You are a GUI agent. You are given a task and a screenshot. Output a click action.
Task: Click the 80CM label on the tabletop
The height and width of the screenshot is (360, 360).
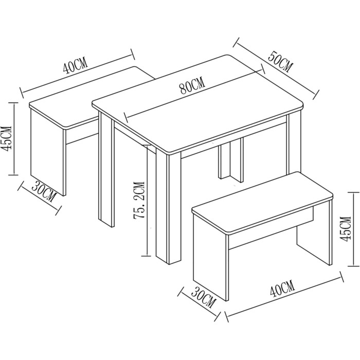click(x=192, y=86)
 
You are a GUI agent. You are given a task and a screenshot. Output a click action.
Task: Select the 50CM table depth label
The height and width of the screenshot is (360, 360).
click(x=281, y=62)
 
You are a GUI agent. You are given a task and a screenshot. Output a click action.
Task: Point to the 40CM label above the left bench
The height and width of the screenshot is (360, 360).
click(x=76, y=65)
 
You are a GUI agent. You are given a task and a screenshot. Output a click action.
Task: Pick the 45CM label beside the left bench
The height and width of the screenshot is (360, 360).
click(x=6, y=138)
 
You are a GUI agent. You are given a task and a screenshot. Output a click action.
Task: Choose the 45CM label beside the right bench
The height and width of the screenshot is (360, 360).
click(x=346, y=229)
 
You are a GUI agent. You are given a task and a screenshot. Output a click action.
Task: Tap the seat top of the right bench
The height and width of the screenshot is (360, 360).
click(x=262, y=203)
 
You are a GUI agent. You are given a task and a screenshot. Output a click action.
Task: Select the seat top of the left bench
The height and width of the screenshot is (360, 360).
click(x=92, y=98)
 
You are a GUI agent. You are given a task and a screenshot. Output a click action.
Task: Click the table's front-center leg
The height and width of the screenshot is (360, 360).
click(x=168, y=207)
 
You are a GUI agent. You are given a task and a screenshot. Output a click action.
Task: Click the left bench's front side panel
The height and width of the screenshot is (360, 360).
click(x=48, y=152)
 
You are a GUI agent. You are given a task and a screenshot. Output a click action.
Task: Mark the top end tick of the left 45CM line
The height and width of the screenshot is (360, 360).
click(x=14, y=103)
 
